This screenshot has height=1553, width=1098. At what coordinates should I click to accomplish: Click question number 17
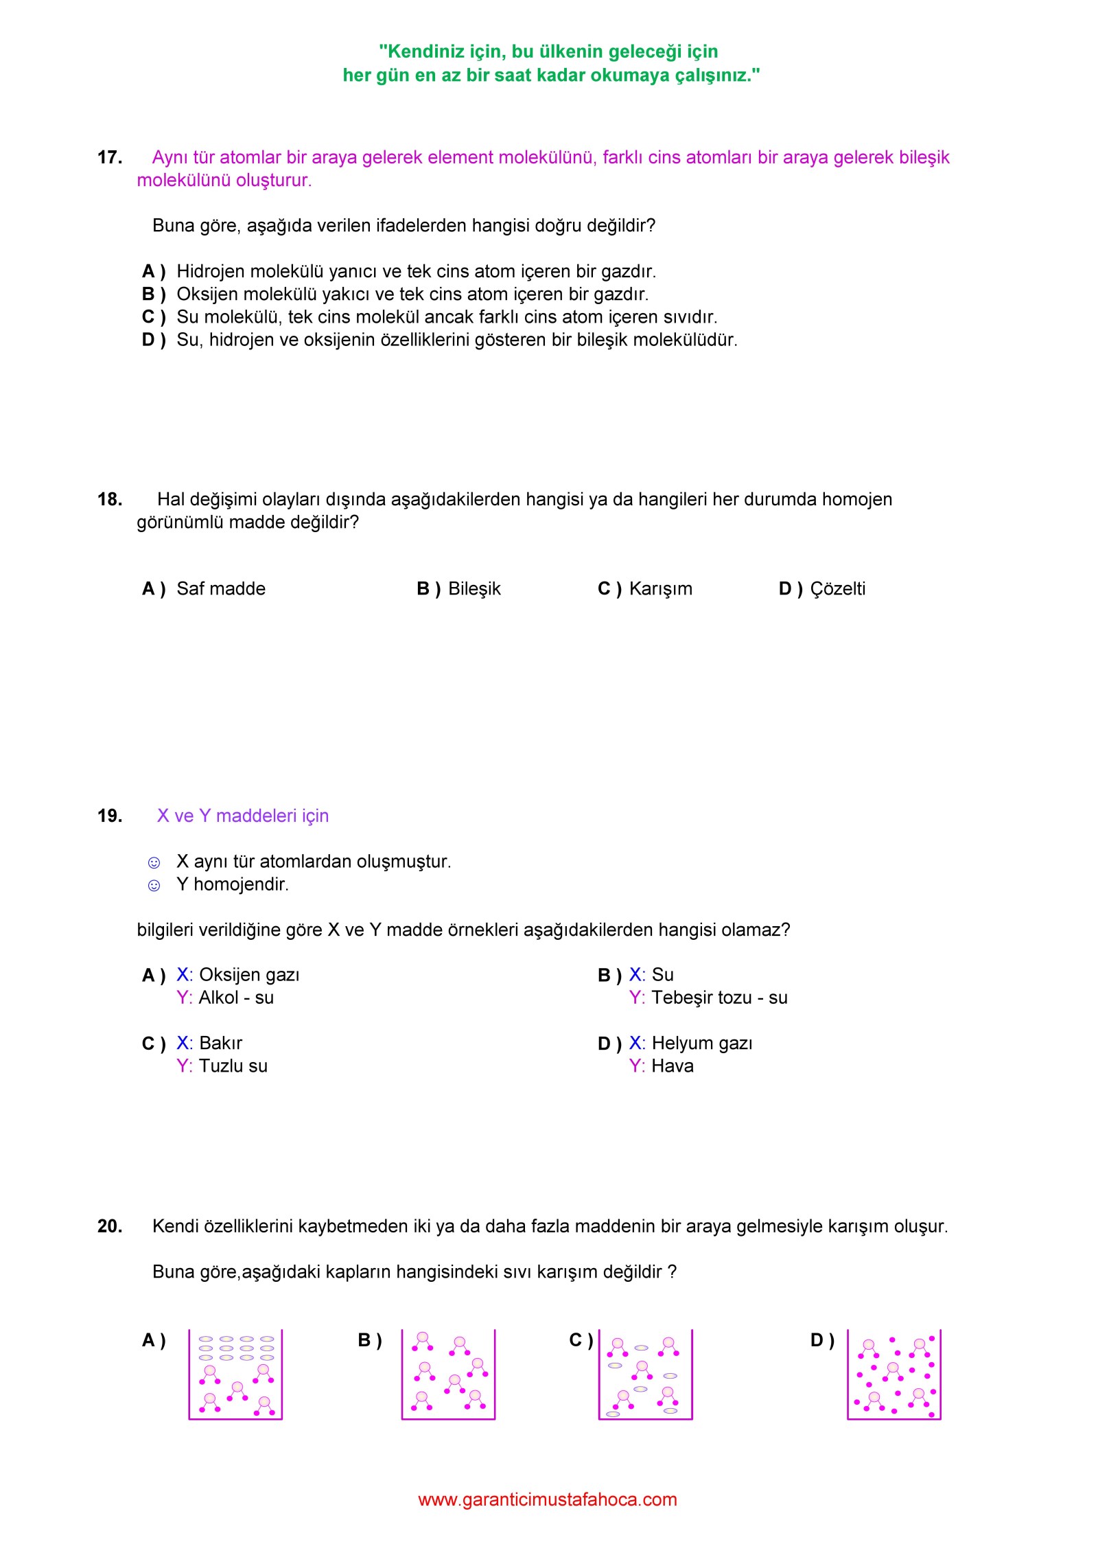[110, 158]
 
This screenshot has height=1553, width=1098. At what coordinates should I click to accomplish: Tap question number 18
[110, 500]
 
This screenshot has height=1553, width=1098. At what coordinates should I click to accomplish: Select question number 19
[110, 816]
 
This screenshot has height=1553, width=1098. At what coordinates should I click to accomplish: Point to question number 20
[110, 1227]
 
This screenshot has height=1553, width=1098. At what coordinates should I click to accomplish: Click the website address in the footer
[548, 1499]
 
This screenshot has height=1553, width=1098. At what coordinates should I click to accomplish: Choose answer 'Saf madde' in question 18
[221, 589]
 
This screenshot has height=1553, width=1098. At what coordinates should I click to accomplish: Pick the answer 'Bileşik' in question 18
[474, 589]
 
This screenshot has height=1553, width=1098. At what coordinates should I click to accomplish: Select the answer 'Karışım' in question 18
[660, 589]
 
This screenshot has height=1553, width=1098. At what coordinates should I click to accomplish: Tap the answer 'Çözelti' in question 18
[837, 589]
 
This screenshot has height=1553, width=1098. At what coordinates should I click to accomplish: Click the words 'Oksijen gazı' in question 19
[249, 975]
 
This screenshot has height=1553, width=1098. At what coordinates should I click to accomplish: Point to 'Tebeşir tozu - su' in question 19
[719, 998]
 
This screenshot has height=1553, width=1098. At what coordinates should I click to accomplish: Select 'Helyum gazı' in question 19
[702, 1044]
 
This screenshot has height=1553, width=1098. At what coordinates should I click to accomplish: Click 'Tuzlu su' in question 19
[233, 1066]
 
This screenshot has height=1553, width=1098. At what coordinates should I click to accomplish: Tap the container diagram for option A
[235, 1374]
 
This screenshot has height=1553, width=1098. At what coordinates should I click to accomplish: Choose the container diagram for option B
[448, 1374]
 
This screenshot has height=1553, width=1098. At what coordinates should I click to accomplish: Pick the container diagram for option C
[645, 1374]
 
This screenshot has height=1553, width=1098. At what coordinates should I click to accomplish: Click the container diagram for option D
[894, 1374]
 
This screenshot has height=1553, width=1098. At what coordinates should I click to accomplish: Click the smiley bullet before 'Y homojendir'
[154, 886]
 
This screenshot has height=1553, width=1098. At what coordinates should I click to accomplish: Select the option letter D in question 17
[149, 341]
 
